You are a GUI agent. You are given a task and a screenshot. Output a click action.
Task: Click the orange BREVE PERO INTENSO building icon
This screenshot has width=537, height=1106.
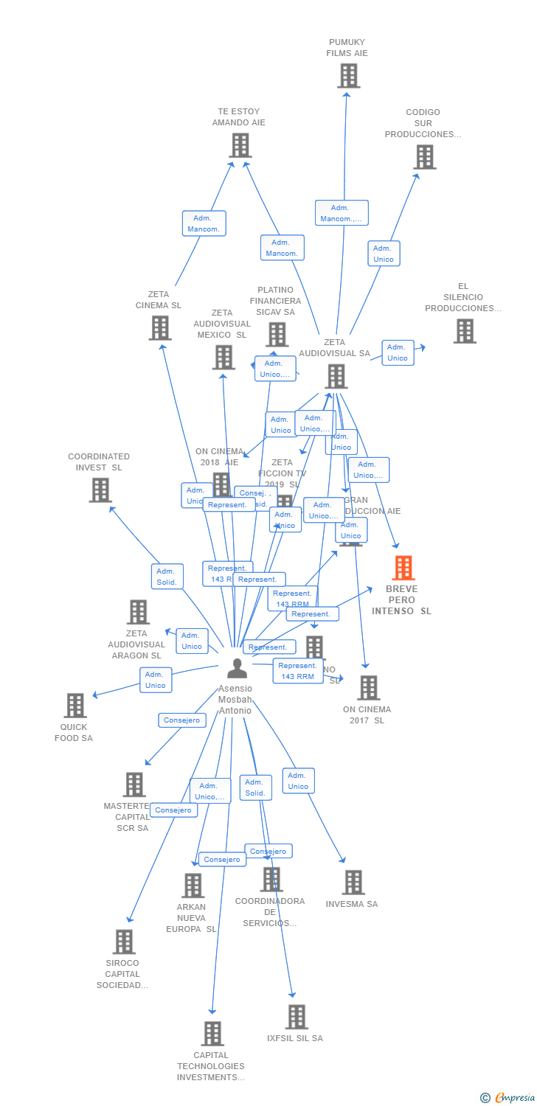click(403, 568)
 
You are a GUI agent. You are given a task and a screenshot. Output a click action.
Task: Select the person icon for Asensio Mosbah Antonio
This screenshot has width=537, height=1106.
click(237, 668)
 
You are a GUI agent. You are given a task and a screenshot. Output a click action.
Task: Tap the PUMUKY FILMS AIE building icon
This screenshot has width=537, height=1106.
click(348, 75)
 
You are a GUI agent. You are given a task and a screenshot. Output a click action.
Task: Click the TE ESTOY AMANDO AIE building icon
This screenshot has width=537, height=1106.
click(240, 145)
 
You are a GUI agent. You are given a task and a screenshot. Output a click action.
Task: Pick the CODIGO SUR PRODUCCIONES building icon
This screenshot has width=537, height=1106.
click(424, 156)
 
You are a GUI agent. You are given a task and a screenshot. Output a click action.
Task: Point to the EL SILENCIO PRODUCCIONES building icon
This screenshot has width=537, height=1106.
click(465, 331)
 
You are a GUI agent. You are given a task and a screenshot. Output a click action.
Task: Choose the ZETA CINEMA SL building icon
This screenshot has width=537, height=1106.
click(160, 327)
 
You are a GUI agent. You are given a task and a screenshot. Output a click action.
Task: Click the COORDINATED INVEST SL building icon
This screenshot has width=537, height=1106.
click(100, 490)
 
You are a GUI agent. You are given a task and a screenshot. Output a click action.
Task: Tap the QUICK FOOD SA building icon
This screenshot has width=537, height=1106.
click(75, 706)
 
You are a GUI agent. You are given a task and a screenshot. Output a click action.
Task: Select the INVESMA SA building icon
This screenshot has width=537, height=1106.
click(353, 882)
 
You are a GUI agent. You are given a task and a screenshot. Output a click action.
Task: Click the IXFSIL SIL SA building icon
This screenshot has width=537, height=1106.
click(296, 1017)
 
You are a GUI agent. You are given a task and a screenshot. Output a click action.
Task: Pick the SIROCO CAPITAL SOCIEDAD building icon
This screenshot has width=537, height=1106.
click(124, 942)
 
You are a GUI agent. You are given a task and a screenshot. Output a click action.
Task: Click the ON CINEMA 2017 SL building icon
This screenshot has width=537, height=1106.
click(368, 688)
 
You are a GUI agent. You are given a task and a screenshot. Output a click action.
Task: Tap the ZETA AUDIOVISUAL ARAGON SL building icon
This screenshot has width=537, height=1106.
click(138, 611)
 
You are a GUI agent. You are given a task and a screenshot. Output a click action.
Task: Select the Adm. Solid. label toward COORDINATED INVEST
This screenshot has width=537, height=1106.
click(167, 577)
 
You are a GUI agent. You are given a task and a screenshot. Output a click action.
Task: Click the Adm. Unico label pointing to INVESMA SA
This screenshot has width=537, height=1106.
click(298, 781)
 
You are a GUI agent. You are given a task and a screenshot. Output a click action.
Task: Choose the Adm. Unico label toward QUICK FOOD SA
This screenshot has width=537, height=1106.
click(156, 680)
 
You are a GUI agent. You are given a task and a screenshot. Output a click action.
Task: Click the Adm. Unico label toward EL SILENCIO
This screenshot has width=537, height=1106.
click(398, 352)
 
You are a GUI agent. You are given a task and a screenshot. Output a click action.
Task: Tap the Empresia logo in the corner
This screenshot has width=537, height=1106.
click(508, 1098)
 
